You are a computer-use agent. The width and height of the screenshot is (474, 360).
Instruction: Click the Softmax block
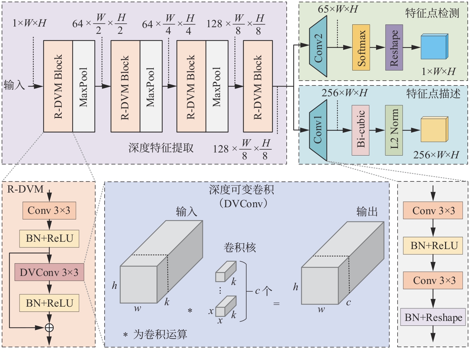(361, 47)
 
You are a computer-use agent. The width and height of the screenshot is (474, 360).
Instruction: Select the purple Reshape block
(394, 47)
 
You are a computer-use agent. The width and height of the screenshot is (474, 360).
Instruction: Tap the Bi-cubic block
(361, 130)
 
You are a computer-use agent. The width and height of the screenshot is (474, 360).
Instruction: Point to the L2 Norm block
(394, 130)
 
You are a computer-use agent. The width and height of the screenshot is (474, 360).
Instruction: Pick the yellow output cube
(434, 129)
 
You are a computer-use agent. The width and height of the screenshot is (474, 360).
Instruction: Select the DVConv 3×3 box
(49, 272)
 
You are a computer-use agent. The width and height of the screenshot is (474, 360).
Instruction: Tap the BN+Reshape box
(433, 317)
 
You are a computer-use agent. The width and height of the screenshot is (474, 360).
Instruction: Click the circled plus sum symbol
(49, 328)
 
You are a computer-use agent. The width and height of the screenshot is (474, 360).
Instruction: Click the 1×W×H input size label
(29, 23)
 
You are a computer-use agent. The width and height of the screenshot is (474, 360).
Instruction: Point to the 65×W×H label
(338, 9)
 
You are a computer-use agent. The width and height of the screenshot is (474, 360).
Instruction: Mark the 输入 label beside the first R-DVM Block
(14, 85)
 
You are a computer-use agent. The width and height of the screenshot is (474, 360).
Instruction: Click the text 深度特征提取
(161, 148)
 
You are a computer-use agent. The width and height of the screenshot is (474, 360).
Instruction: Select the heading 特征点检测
(432, 13)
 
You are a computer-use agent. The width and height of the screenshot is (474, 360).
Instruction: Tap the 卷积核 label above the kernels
(240, 248)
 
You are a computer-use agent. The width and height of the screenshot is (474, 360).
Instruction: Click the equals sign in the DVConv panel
(276, 304)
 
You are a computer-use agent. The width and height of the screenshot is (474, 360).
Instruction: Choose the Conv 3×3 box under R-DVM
(49, 211)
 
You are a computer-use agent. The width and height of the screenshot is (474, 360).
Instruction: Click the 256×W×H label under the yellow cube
(436, 155)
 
